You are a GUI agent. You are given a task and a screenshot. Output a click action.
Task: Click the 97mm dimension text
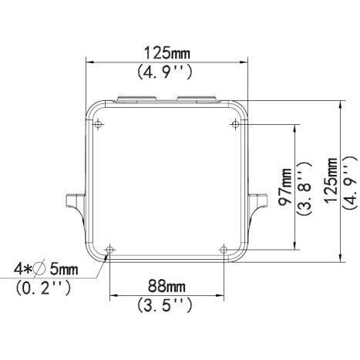[x=287, y=186]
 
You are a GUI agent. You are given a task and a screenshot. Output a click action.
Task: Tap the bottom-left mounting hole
[x=109, y=249]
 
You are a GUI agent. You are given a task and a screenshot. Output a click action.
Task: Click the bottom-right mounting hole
[x=224, y=249]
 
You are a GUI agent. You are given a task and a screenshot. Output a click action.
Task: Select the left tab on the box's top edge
[x=137, y=99]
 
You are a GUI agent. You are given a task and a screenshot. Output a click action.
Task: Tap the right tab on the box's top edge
[x=196, y=99]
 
